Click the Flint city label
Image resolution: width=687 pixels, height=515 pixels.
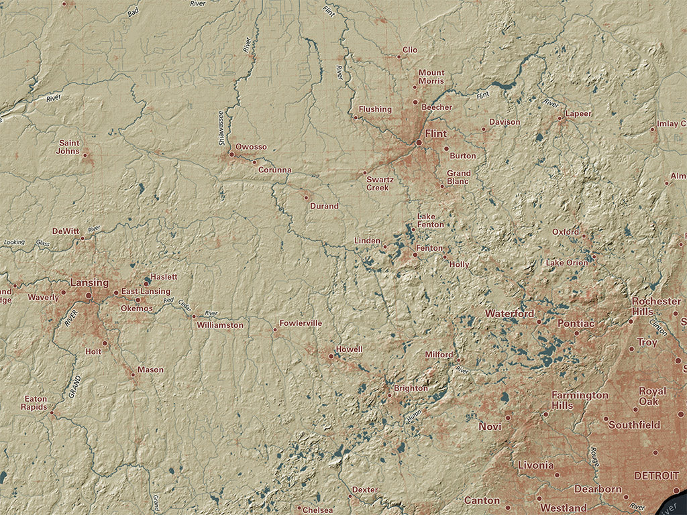[x=435, y=133]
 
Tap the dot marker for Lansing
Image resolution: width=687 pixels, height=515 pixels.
[x=89, y=295]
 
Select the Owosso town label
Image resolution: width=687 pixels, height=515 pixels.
[x=251, y=147]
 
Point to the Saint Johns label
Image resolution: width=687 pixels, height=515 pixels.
[x=69, y=147]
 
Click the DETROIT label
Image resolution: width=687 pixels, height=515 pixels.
[x=656, y=475]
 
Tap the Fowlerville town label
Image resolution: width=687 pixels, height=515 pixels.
[x=301, y=323]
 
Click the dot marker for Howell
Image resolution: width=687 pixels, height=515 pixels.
[x=331, y=356]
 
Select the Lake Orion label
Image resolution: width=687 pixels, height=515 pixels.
[x=566, y=263]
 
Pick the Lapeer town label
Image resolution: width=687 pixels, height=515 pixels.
[x=578, y=113]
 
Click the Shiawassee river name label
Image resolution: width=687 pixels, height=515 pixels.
[x=221, y=127]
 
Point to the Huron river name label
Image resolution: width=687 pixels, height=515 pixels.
[x=414, y=416]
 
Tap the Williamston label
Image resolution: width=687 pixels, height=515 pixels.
[x=220, y=325]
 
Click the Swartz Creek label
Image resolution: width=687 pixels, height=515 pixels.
[x=377, y=184]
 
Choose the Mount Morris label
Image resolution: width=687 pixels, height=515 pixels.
[x=431, y=77]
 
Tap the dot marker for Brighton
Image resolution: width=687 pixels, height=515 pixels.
[x=389, y=394]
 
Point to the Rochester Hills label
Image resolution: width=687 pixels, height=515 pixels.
[x=655, y=306]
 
